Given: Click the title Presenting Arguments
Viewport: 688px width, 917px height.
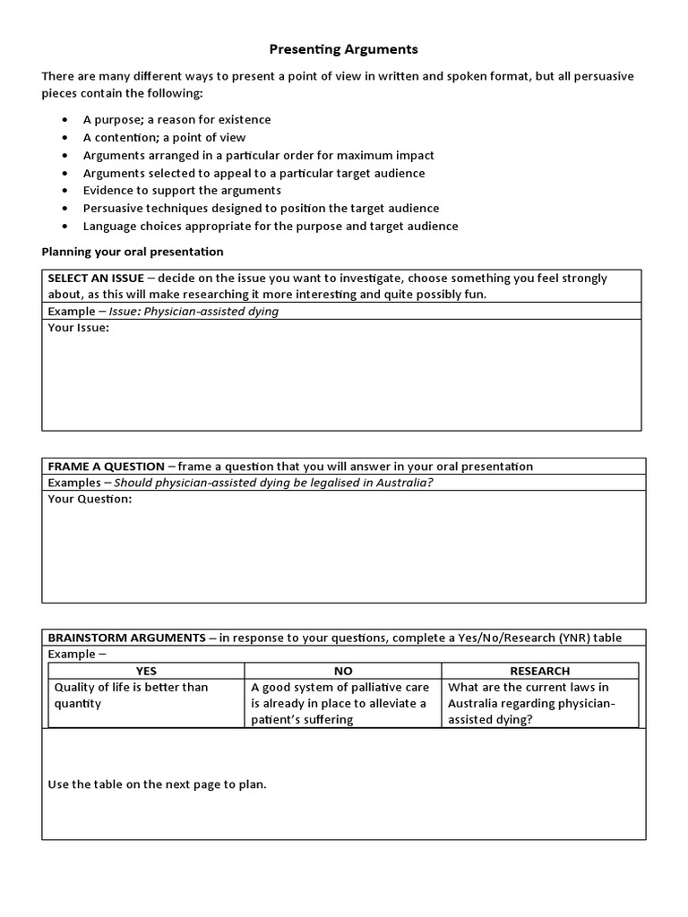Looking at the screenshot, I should point(344,49).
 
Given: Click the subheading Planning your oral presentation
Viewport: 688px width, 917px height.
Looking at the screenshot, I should point(133,252).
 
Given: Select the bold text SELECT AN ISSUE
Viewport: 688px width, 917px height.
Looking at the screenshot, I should point(95,279).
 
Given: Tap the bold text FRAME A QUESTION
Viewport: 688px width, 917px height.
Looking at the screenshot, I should point(106,467).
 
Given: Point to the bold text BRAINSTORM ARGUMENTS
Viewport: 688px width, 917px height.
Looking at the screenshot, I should point(126,638).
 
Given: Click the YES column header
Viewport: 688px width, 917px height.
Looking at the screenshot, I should point(145,671).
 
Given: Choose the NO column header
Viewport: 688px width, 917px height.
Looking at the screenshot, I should point(342,671).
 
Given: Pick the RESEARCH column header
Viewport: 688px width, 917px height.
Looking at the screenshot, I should point(539,671).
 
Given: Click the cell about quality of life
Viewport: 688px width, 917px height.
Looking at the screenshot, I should point(132,695).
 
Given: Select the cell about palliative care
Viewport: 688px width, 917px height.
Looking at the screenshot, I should point(340,703).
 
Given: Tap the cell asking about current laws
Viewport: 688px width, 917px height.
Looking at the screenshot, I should point(531,703).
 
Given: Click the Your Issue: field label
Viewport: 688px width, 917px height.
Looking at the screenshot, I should point(78,329).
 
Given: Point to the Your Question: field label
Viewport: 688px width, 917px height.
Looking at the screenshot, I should point(90,499).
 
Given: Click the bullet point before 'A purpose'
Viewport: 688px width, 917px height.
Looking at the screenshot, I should point(66,120).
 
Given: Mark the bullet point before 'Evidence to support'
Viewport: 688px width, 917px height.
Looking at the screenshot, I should point(66,191).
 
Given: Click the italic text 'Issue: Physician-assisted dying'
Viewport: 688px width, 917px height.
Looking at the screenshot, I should point(193,312).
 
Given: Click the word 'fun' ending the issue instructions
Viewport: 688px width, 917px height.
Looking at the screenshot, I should point(474,295).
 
